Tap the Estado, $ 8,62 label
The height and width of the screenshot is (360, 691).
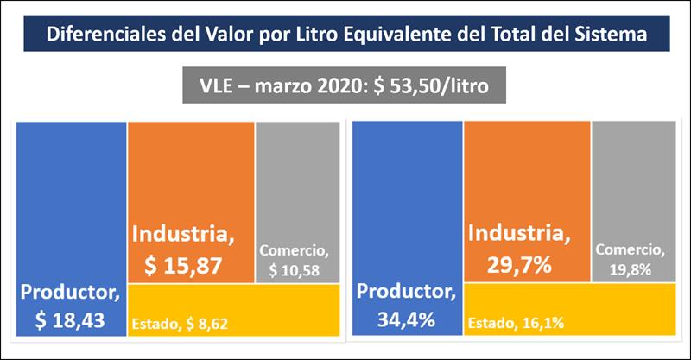[x=183, y=325]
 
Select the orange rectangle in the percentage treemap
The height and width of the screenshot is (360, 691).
[x=527, y=173]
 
